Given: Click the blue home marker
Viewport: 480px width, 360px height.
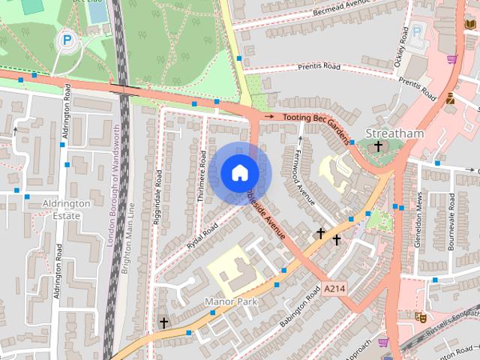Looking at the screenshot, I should tap(239, 173).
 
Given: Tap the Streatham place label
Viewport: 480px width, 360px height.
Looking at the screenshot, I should tap(394, 133).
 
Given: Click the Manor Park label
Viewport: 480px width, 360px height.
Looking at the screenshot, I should tap(231, 301).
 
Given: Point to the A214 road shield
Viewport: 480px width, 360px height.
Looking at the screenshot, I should tap(335, 288).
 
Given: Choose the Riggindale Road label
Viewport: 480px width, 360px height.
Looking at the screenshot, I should tap(158, 197).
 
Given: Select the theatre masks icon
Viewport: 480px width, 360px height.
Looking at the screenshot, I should tap(421, 316).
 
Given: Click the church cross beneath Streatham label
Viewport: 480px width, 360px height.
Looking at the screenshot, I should tap(378, 146).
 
